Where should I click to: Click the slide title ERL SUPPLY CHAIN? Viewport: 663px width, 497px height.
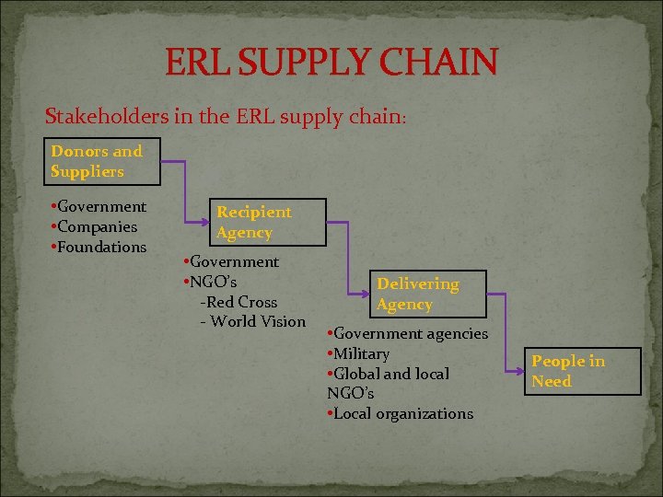331,62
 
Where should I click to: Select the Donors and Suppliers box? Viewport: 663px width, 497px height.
104,161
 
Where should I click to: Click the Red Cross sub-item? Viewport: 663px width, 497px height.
238,302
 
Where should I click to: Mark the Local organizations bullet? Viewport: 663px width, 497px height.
400,413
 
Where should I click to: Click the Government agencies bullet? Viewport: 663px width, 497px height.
407,333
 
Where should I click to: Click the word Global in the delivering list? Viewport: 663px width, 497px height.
358,374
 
